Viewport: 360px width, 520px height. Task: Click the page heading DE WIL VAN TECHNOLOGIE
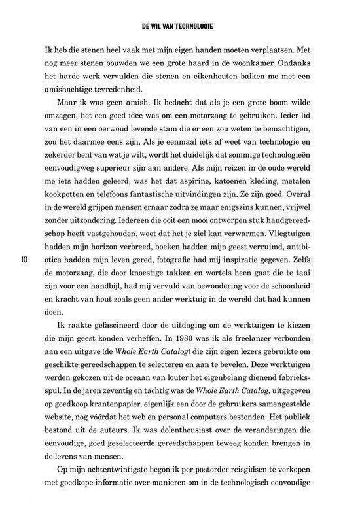[180, 27]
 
